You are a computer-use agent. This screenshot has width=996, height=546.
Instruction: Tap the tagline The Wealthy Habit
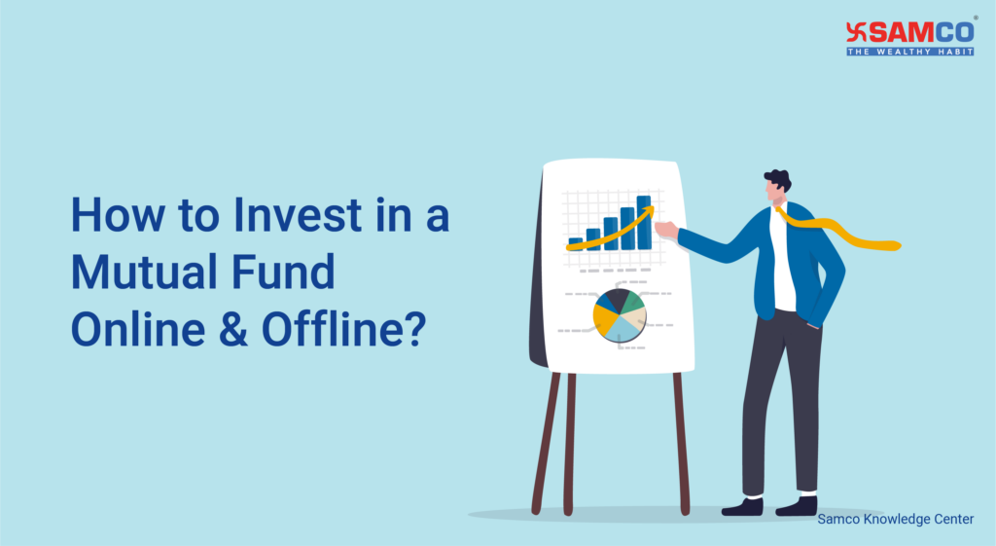tap(910, 51)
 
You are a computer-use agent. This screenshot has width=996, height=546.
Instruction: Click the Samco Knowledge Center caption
tap(895, 520)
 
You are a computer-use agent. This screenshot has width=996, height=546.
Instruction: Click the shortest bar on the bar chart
tap(576, 242)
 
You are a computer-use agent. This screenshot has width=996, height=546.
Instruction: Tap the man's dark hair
tap(778, 178)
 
